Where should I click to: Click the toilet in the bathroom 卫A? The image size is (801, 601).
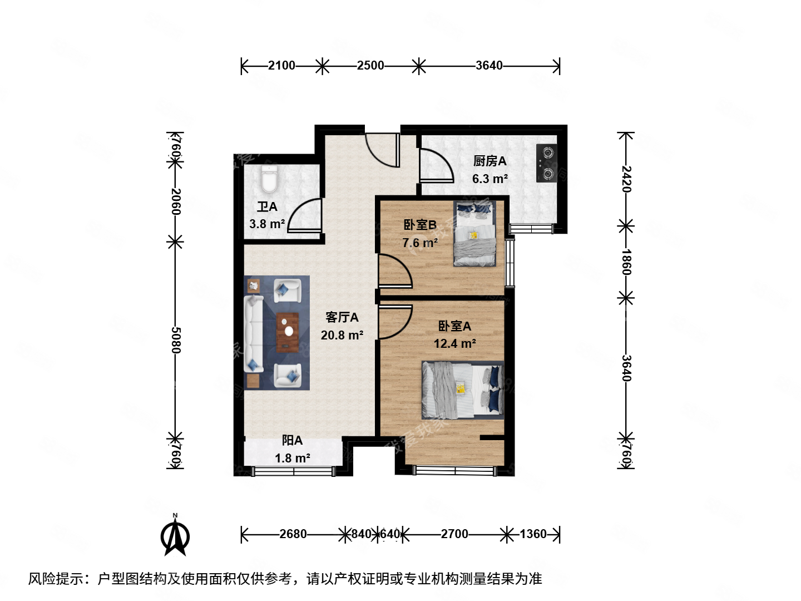(269, 179)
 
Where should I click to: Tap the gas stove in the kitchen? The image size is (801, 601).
(547, 162)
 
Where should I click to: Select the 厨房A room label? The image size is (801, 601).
(489, 161)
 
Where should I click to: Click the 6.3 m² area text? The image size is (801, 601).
(489, 179)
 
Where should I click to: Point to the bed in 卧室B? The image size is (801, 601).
(474, 234)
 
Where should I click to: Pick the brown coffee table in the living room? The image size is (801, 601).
(288, 332)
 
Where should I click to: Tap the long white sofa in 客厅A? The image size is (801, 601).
(253, 334)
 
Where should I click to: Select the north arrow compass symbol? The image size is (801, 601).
(175, 535)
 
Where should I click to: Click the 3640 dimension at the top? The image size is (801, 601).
(489, 66)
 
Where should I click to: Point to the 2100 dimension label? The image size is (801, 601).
(281, 66)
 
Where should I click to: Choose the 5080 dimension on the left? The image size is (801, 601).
(176, 339)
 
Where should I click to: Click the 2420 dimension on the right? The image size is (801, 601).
(626, 179)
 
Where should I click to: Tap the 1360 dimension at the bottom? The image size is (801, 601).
(533, 534)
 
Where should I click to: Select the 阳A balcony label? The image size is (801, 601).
(292, 441)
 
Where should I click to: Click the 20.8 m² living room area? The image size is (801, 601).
(342, 335)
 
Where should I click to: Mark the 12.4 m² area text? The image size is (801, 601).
(454, 343)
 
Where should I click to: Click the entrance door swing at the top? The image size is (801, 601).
(383, 149)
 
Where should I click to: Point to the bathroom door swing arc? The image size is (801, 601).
(305, 215)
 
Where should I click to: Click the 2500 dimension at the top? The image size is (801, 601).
(370, 66)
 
